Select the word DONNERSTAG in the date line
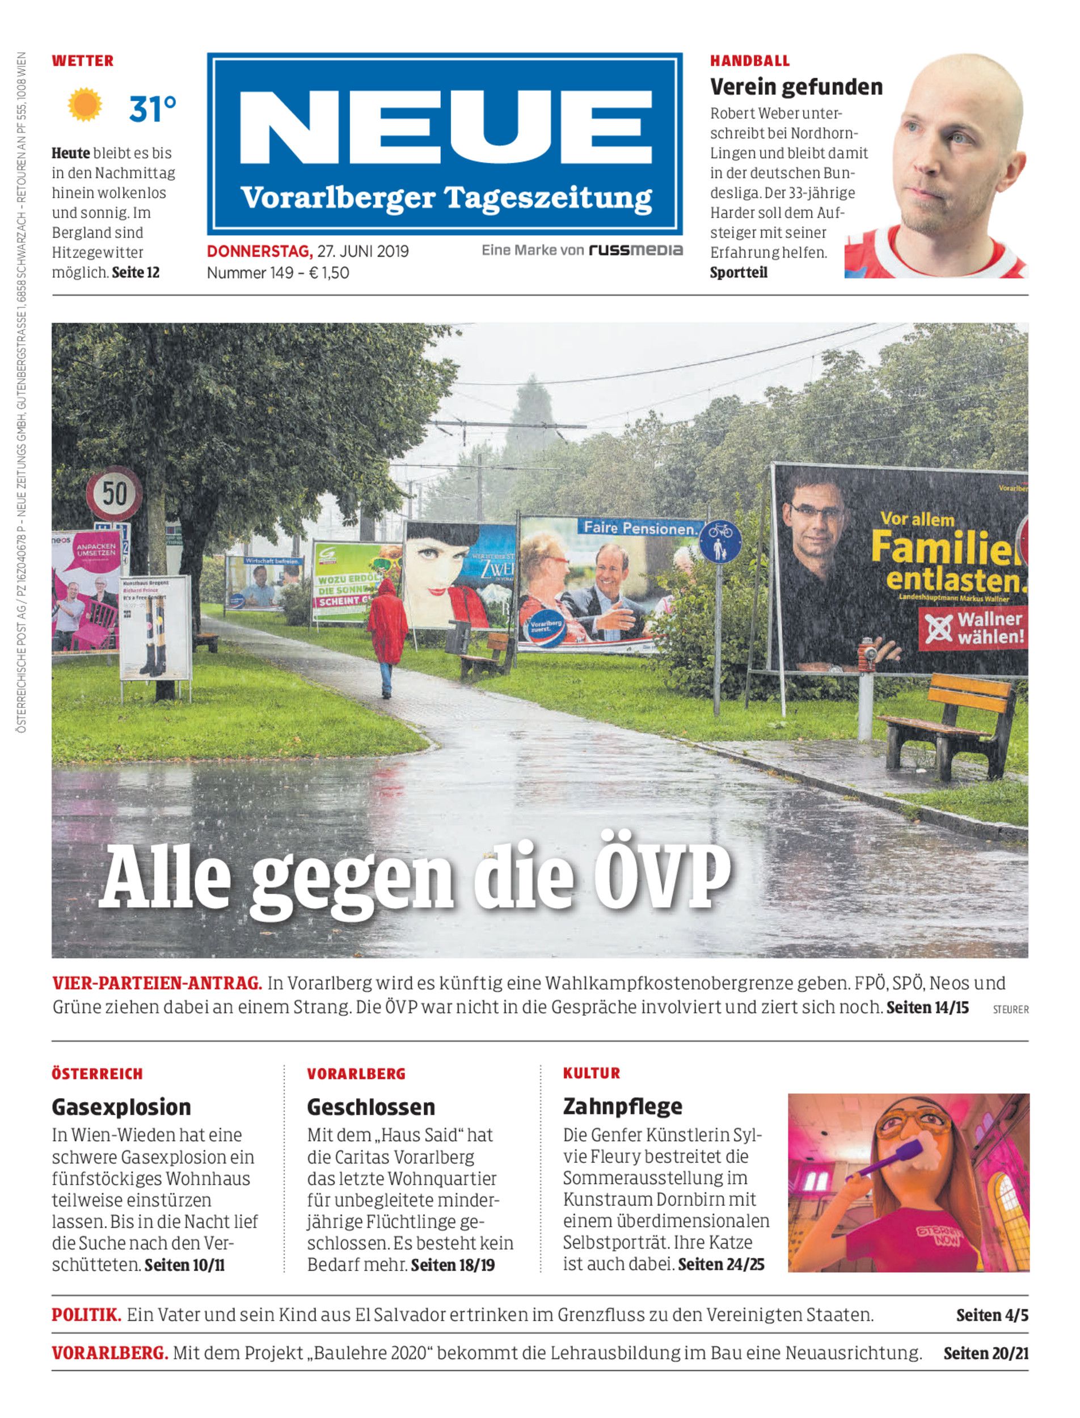click(x=259, y=251)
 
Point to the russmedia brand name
click(x=635, y=250)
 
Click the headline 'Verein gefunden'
click(x=796, y=86)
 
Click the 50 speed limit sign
click(x=115, y=493)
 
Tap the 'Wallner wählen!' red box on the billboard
click(x=973, y=628)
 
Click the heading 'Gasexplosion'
click(x=121, y=1107)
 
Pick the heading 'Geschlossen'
click(x=371, y=1107)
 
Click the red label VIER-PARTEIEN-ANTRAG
click(x=157, y=984)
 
